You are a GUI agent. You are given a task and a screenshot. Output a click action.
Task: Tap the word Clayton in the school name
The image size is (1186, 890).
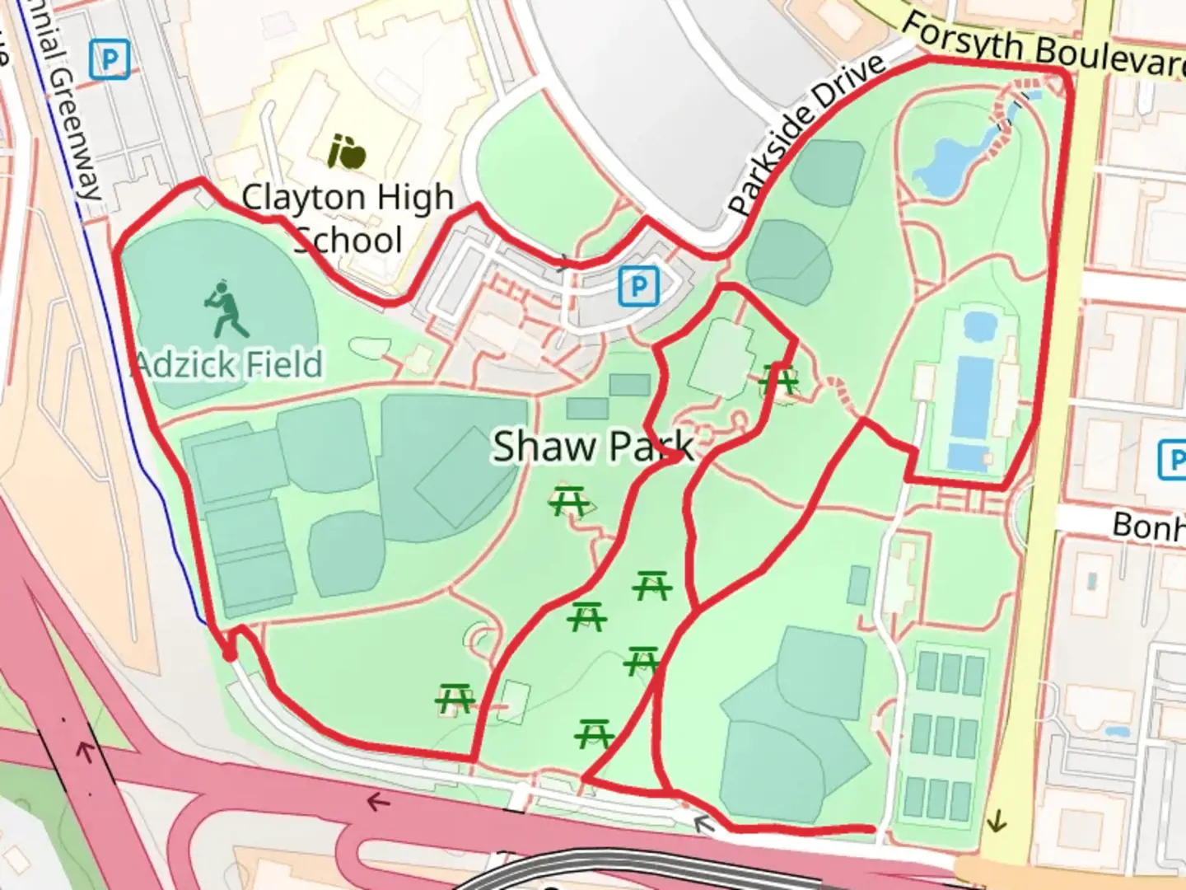(302, 199)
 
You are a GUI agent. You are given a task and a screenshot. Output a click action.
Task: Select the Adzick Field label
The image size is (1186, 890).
(229, 363)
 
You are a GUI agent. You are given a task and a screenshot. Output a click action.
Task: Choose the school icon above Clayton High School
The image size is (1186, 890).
(347, 152)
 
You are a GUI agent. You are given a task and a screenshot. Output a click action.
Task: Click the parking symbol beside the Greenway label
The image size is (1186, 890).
(110, 60)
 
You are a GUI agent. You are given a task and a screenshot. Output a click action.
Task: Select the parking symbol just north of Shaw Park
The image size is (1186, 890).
(638, 287)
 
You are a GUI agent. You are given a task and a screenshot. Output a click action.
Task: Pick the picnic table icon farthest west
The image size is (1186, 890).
(454, 700)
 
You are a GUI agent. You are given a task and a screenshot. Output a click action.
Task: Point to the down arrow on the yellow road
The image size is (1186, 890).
(997, 820)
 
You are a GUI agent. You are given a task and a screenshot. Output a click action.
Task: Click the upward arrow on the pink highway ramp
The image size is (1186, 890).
(85, 750)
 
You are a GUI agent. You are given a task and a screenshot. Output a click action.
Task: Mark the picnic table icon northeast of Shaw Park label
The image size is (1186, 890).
(777, 381)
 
